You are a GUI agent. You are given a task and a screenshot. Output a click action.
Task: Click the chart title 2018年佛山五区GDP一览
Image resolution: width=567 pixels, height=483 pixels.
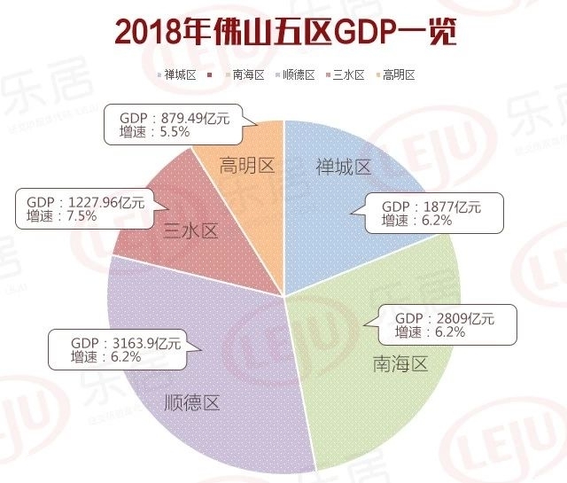(x=284, y=33)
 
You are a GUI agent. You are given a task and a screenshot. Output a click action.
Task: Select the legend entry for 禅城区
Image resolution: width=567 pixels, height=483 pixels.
(x=180, y=74)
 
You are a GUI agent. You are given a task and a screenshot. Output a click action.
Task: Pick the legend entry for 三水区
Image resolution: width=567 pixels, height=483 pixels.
(x=348, y=74)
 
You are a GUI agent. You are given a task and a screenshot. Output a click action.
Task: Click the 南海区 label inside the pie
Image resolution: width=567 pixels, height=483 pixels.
(x=400, y=363)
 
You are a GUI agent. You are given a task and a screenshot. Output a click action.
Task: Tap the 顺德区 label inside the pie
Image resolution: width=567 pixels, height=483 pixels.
(x=192, y=403)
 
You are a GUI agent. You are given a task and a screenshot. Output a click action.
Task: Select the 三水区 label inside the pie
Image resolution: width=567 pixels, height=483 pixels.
(x=190, y=231)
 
